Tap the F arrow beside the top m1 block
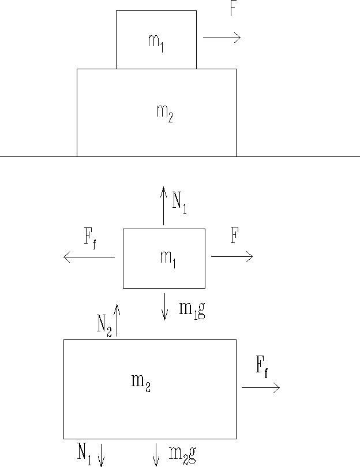222,38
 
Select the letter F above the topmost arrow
232,9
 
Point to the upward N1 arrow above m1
164,206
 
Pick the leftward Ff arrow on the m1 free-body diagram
89,257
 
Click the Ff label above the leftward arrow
91,238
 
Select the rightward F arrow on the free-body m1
232,257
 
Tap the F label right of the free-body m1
235,236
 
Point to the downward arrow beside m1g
165,307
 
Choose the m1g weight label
192,310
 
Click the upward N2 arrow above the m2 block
117,320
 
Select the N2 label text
104,324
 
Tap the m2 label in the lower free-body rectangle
141,382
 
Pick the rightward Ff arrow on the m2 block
261,387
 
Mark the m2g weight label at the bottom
182,454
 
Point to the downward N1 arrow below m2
101,454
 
